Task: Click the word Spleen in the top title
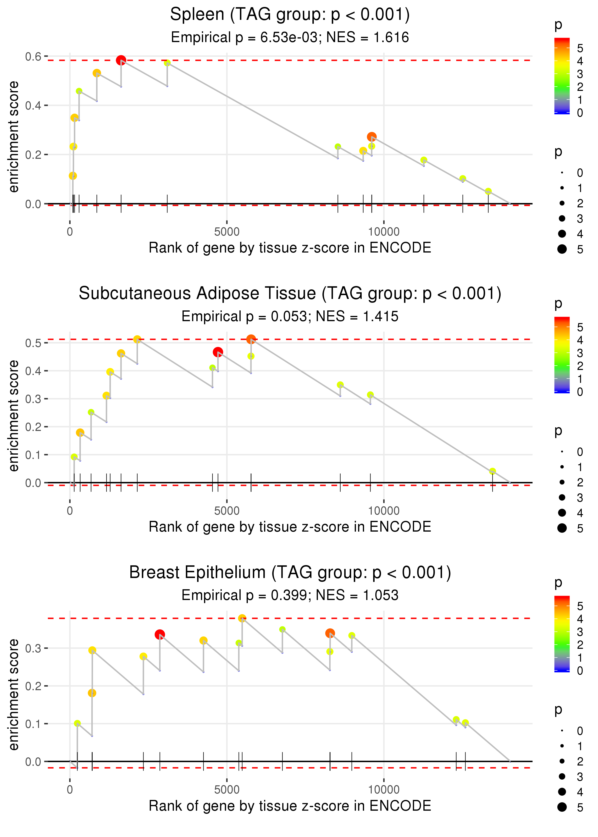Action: [x=197, y=15]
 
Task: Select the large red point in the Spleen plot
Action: [x=121, y=60]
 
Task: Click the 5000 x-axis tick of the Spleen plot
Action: [x=227, y=232]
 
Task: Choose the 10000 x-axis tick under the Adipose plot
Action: [x=384, y=511]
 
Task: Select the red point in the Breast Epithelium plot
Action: [x=160, y=634]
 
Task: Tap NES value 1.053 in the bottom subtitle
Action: [x=381, y=595]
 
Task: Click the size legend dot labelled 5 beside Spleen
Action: [x=562, y=249]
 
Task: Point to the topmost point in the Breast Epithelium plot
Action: [x=242, y=618]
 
